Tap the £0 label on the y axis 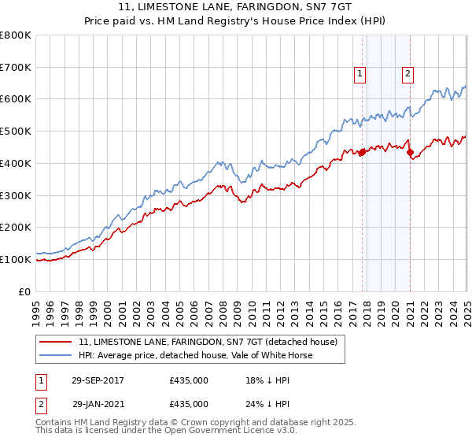(x=26, y=291)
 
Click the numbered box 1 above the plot (x=360, y=74)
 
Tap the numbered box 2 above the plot (x=408, y=74)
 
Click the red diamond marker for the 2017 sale (x=362, y=152)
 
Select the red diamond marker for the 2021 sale (x=411, y=152)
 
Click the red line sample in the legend (x=57, y=342)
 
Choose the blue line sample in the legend (x=57, y=355)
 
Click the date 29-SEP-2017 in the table (x=98, y=380)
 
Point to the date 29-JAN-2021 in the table (x=98, y=403)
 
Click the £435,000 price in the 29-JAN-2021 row (x=189, y=403)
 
